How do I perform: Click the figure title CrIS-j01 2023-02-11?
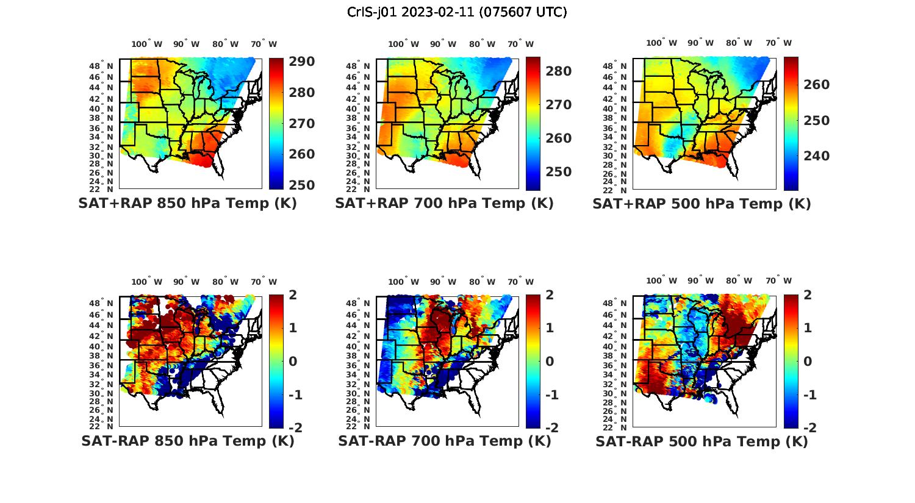point(457,12)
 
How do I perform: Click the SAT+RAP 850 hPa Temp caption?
point(187,204)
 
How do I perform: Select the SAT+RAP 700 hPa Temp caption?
point(444,204)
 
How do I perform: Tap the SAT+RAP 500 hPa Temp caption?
point(701,204)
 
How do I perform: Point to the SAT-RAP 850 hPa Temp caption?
point(187,441)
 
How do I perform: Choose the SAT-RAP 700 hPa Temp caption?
point(444,441)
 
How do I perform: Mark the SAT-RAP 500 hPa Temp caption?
point(701,441)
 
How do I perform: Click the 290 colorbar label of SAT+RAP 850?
point(301,62)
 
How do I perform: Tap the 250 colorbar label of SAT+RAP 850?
point(301,185)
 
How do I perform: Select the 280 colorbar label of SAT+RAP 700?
point(559,71)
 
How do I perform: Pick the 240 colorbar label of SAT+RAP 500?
point(816,156)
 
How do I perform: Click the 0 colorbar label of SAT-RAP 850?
point(293,362)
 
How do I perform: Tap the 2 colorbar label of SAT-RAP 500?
point(808,295)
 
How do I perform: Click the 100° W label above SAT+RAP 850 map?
point(147,44)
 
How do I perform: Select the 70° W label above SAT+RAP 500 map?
point(778,43)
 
